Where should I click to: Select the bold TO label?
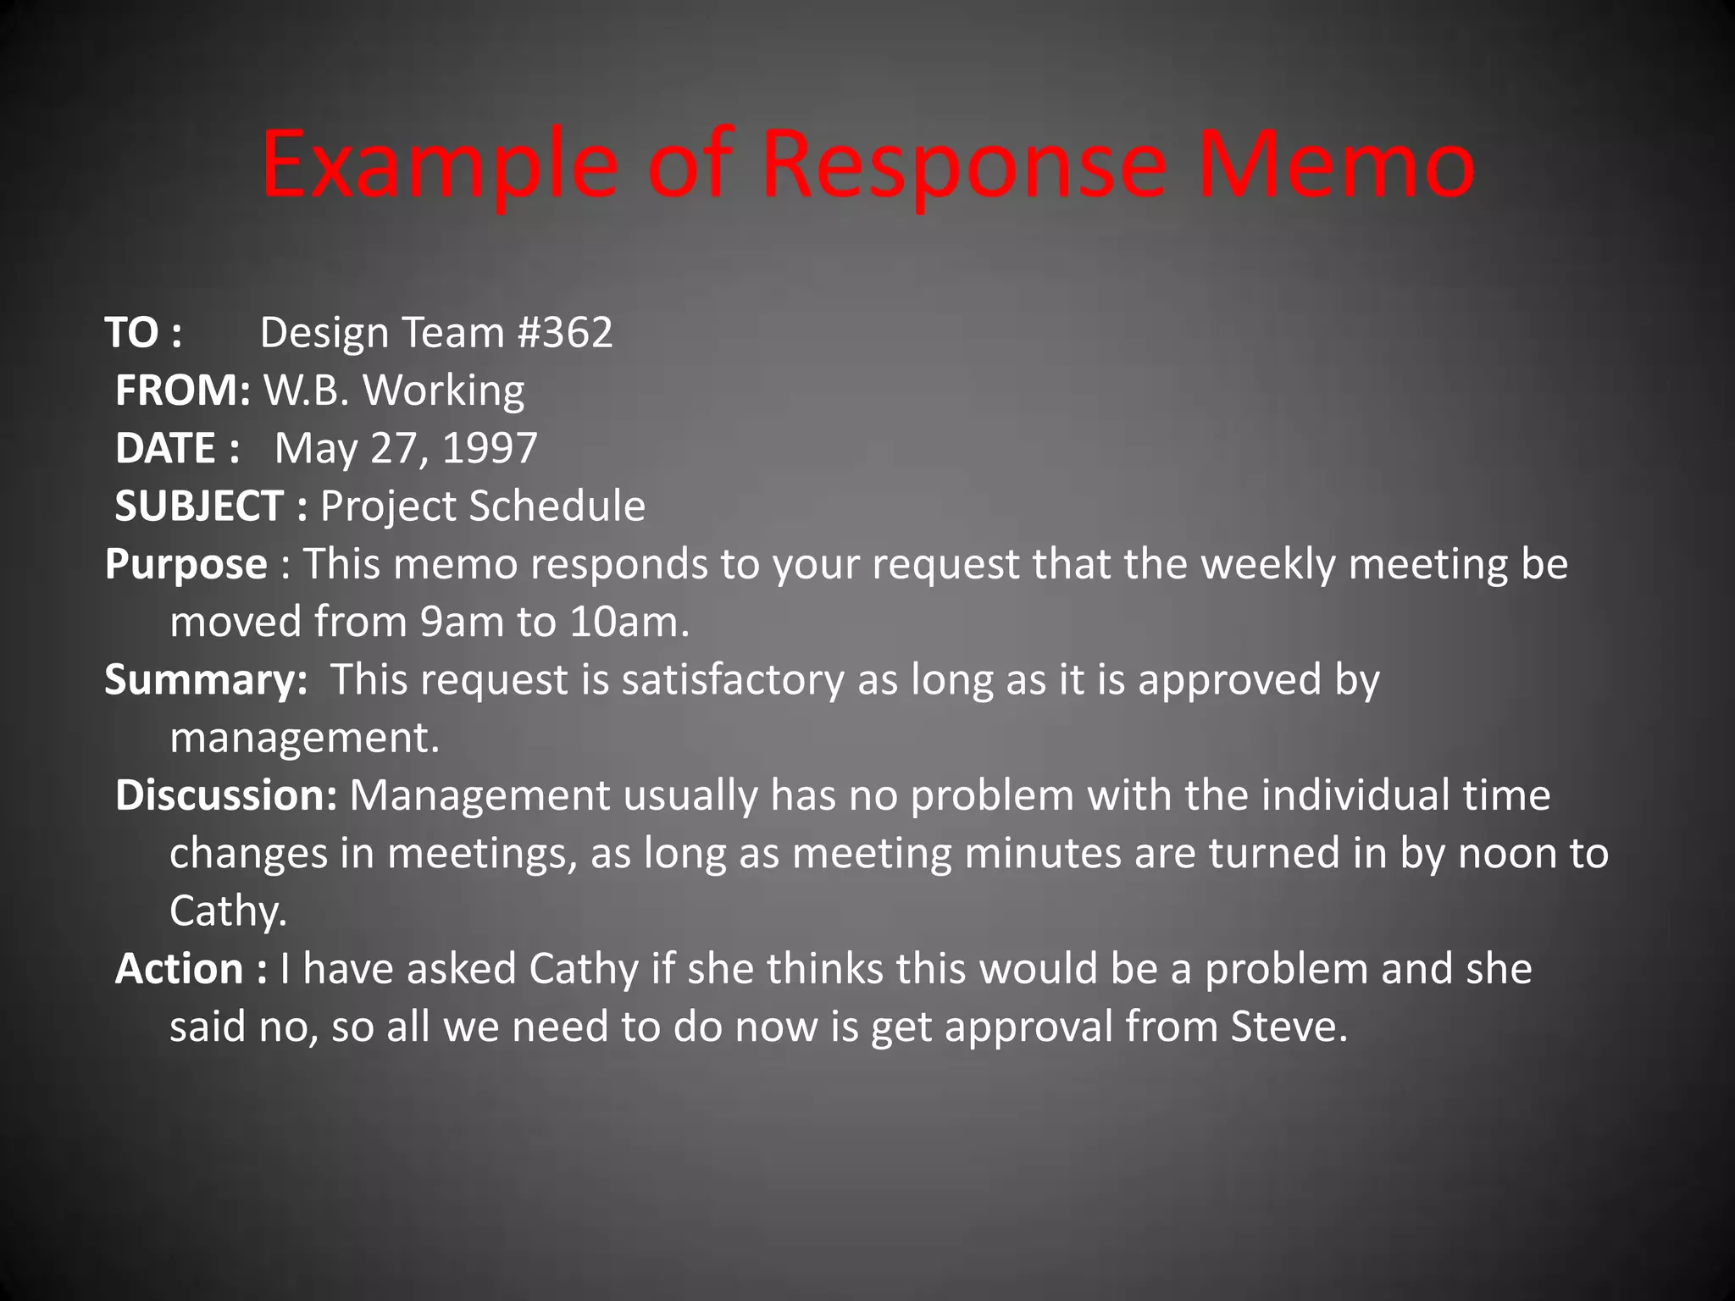click(x=131, y=333)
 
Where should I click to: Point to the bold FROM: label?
click(x=182, y=390)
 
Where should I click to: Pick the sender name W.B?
click(x=306, y=390)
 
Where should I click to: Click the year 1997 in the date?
click(x=490, y=448)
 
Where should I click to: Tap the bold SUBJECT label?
click(x=199, y=507)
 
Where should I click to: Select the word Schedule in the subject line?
click(x=557, y=507)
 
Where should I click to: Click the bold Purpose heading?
click(x=186, y=565)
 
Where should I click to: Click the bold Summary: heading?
click(x=206, y=680)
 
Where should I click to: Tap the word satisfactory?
click(x=733, y=680)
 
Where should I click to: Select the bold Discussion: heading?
click(x=226, y=796)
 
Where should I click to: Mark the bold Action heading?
click(x=180, y=969)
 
